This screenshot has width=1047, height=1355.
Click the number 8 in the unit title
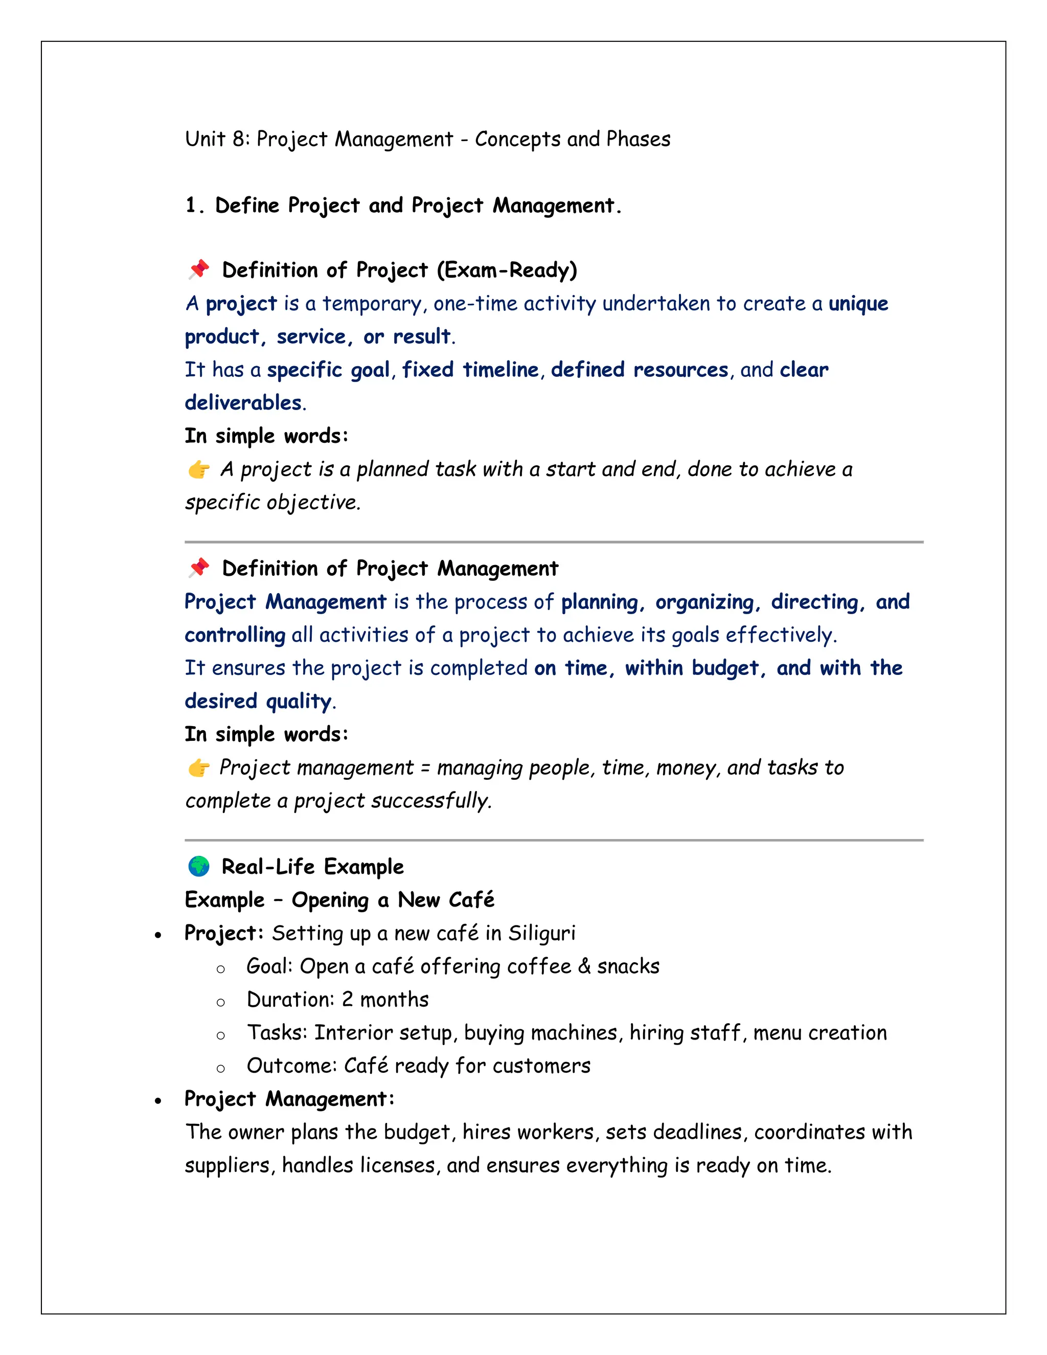point(239,139)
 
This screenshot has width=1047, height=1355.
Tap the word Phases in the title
point(638,139)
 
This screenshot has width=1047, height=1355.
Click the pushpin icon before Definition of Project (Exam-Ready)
point(199,269)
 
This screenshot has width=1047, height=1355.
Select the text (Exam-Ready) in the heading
point(507,270)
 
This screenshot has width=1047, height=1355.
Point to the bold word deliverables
point(243,402)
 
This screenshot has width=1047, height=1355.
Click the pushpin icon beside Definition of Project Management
point(199,568)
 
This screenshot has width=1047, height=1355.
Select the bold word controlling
point(235,635)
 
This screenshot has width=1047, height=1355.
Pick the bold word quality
point(299,701)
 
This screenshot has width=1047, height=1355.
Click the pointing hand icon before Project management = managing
point(198,767)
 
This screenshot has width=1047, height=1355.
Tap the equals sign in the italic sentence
point(425,768)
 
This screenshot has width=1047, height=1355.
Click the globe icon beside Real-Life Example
point(198,866)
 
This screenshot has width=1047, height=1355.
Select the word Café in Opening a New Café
point(471,899)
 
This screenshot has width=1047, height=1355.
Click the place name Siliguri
point(541,933)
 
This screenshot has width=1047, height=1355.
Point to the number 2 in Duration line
point(347,1000)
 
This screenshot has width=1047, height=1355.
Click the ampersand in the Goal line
point(584,966)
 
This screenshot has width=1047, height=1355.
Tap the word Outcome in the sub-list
point(291,1066)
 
